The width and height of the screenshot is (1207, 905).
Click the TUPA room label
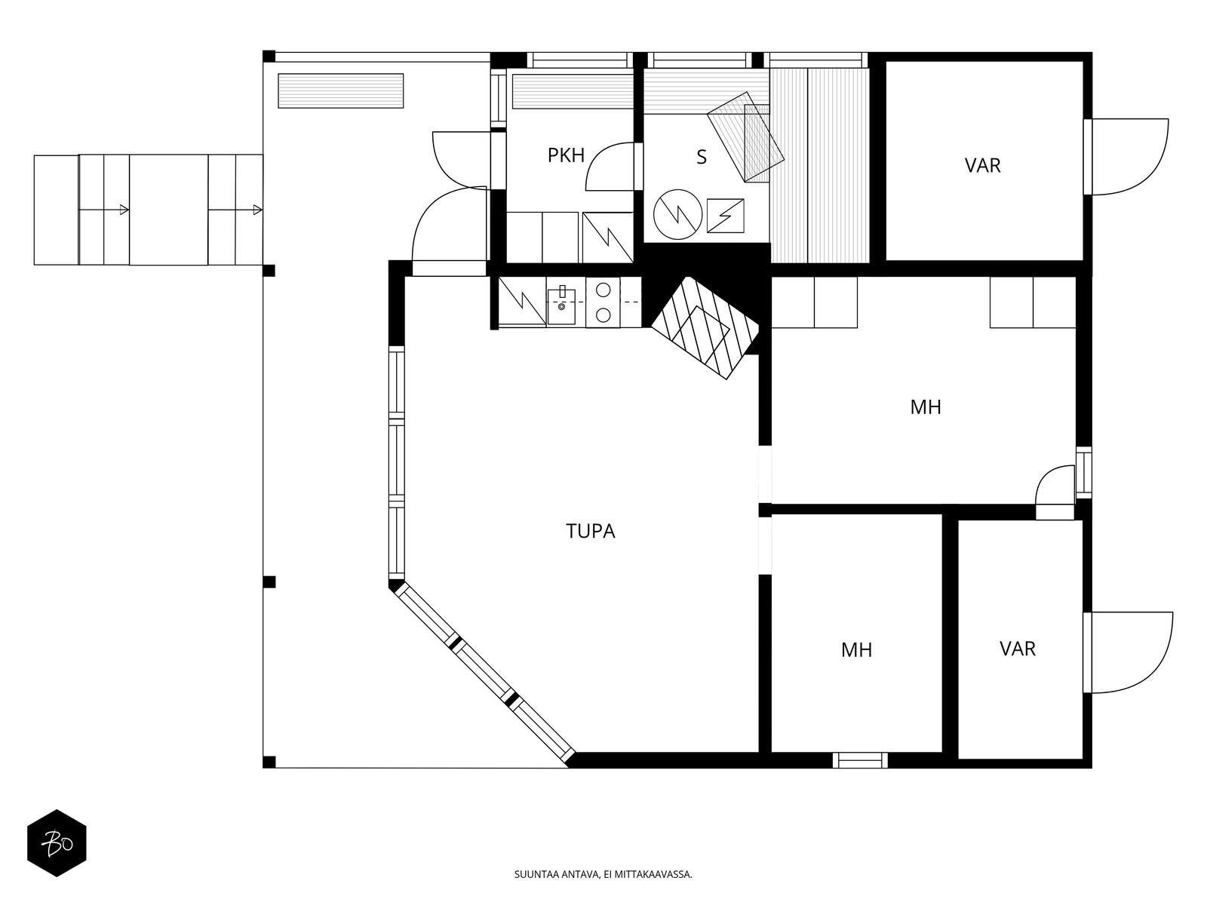click(591, 532)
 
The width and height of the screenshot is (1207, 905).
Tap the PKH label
click(566, 155)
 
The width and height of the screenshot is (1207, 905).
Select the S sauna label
click(702, 158)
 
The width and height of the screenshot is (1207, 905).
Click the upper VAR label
click(982, 165)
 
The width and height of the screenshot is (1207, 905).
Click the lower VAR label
click(1017, 649)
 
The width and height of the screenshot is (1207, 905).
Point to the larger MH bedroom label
click(925, 407)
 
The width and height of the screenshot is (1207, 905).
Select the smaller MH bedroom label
click(856, 649)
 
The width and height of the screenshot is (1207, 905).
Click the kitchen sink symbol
click(562, 301)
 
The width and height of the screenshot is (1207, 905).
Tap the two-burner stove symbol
click(603, 302)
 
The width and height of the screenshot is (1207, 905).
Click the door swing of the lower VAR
click(1130, 652)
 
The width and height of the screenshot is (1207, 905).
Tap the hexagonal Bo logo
click(57, 843)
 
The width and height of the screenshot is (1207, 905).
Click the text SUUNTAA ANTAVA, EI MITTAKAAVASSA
click(602, 876)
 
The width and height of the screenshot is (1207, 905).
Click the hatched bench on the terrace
click(340, 91)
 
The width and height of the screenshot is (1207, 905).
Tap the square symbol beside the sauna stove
click(725, 216)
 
